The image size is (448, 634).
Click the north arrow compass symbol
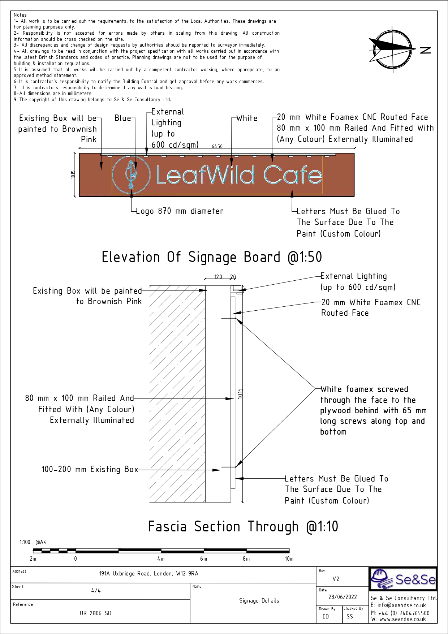[393, 49]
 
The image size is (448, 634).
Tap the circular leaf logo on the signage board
[131, 174]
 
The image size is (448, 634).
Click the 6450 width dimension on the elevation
[217, 146]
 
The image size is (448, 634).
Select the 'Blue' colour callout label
[122, 118]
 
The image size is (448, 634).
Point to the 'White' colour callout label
[247, 118]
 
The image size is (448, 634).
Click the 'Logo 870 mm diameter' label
[180, 211]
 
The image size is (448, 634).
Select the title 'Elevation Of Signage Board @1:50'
[212, 257]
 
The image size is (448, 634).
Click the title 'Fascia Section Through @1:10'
[243, 526]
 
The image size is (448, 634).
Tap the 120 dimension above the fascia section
[218, 277]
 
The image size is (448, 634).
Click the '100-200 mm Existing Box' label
[90, 469]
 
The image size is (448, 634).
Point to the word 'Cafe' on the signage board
[293, 175]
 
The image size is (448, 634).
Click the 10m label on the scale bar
[289, 559]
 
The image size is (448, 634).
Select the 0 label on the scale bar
[76, 559]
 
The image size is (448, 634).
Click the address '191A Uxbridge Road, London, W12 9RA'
[148, 574]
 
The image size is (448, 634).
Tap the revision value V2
[336, 579]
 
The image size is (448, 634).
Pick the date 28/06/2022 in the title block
[343, 597]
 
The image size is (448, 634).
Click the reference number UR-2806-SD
[95, 613]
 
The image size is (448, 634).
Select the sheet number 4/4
[96, 590]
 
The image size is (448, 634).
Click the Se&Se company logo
[403, 579]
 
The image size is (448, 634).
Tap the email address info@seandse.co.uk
[401, 605]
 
